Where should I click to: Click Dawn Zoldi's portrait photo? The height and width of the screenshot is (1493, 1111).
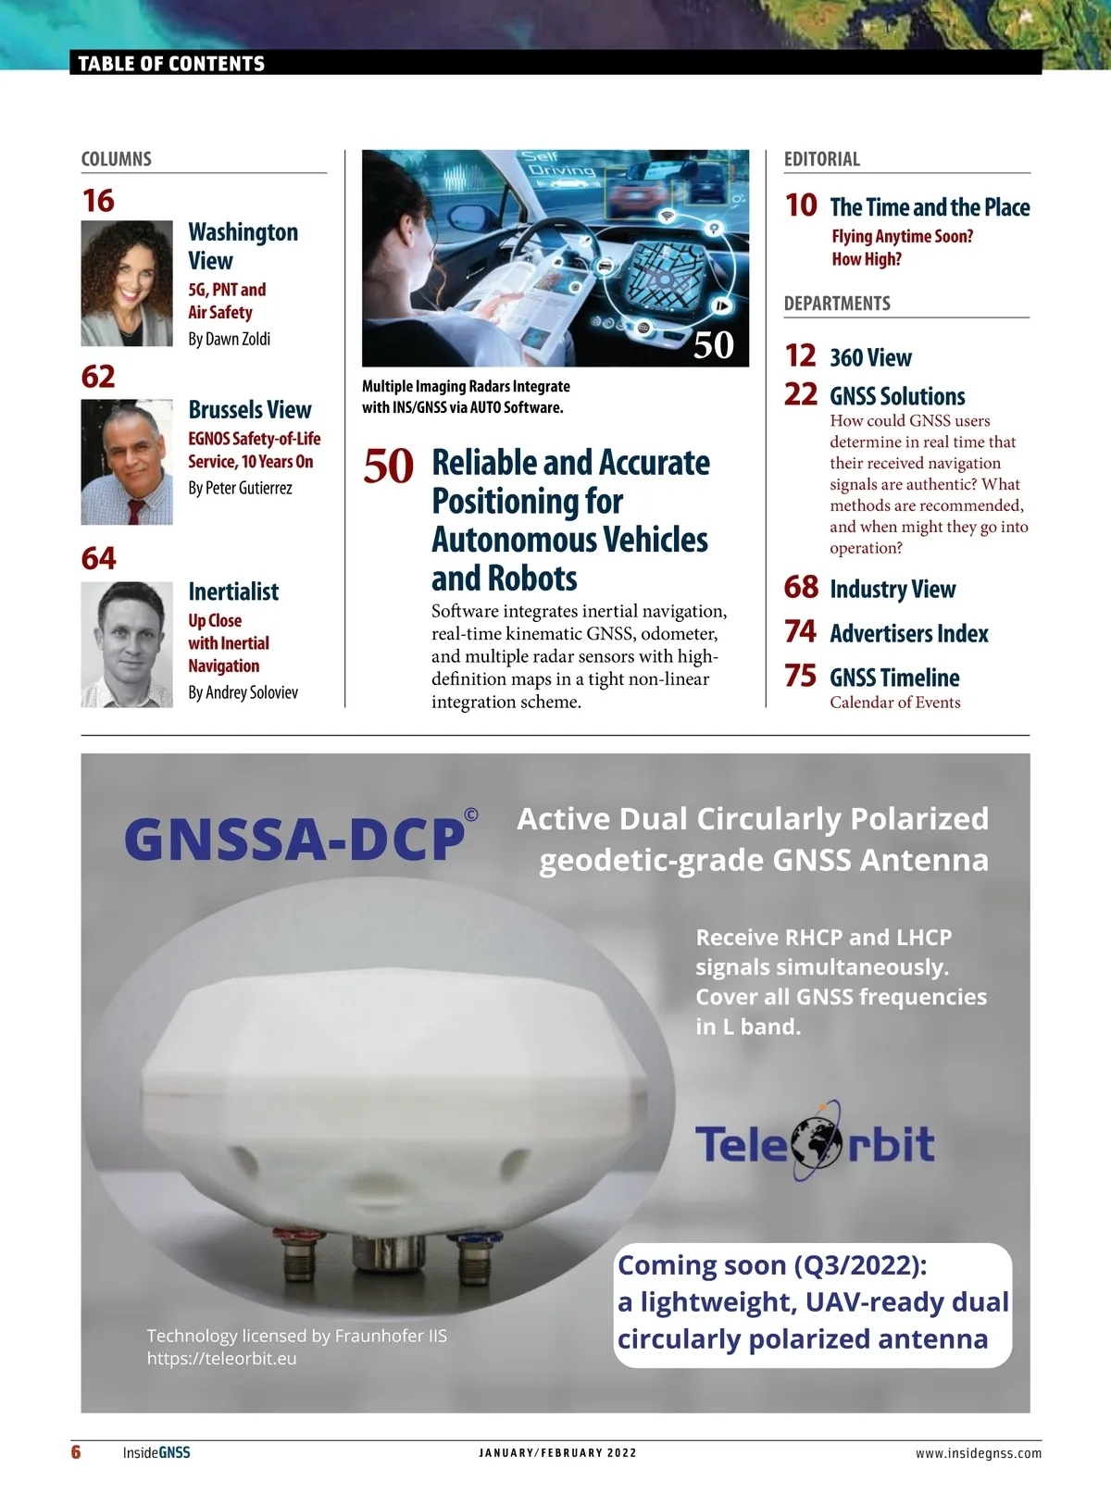click(x=127, y=283)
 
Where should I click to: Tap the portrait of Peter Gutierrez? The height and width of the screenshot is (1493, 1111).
click(x=127, y=462)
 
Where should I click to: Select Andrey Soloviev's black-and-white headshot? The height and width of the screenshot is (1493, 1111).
click(x=127, y=644)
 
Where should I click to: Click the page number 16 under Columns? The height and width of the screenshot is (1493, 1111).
click(x=98, y=201)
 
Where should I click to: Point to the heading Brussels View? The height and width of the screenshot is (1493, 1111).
click(x=250, y=409)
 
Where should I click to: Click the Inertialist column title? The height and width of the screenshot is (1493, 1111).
click(x=233, y=591)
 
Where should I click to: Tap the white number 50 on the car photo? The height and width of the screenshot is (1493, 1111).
click(x=713, y=345)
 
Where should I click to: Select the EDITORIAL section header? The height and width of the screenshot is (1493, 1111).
click(x=822, y=159)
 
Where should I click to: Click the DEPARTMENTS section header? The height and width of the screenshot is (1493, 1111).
click(x=837, y=304)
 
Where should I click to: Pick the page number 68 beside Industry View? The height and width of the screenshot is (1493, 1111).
click(x=801, y=587)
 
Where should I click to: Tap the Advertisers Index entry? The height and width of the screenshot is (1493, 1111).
click(x=908, y=633)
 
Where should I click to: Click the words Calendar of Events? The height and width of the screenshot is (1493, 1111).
click(x=894, y=703)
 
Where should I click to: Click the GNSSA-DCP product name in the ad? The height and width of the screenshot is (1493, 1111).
click(x=294, y=840)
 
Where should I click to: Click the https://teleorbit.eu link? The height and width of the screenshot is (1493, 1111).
click(x=222, y=1359)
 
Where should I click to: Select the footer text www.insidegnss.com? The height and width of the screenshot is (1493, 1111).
click(x=978, y=1453)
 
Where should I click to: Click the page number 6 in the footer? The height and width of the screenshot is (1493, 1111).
click(x=76, y=1451)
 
